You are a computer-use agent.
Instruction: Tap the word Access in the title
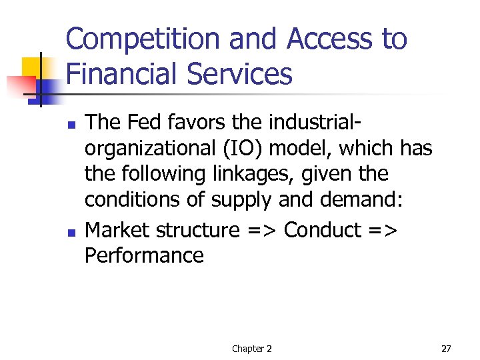coord(323,39)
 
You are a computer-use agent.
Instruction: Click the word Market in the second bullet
coord(118,230)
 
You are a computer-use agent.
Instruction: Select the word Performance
coord(144,255)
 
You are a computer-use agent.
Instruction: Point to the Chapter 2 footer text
coord(251,349)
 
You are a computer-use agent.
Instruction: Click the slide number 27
coord(446,349)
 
